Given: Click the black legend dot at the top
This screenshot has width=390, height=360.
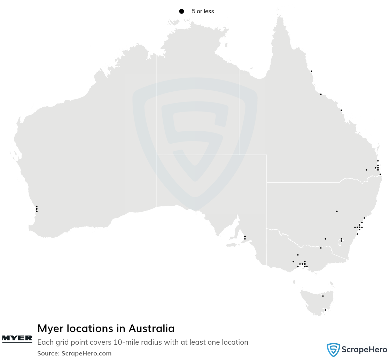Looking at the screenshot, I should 181,12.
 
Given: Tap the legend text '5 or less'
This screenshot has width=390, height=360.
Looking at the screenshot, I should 203,12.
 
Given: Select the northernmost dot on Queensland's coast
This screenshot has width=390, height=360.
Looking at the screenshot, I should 311,71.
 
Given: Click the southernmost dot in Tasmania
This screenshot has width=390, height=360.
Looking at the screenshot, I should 325,310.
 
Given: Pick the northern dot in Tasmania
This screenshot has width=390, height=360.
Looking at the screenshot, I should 323,296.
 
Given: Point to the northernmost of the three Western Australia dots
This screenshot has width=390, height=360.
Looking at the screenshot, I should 37,207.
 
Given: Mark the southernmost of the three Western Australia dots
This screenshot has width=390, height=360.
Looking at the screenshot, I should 37,211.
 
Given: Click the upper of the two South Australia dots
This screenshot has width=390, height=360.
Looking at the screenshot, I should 245,237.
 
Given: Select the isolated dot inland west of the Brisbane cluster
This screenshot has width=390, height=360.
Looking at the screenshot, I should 366,170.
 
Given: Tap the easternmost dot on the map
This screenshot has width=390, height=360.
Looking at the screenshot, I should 380,175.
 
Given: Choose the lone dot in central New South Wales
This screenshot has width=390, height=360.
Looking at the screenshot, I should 337,211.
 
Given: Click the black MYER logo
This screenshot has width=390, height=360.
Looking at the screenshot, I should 17,338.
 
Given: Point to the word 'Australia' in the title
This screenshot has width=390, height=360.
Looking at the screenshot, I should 151,329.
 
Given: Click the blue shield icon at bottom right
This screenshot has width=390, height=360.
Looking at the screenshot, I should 333,350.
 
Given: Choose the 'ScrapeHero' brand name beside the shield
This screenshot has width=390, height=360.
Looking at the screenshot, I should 365,350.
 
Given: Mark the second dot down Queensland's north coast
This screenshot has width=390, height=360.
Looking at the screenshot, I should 321,94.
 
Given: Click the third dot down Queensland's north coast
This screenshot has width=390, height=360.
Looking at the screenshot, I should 341,110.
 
